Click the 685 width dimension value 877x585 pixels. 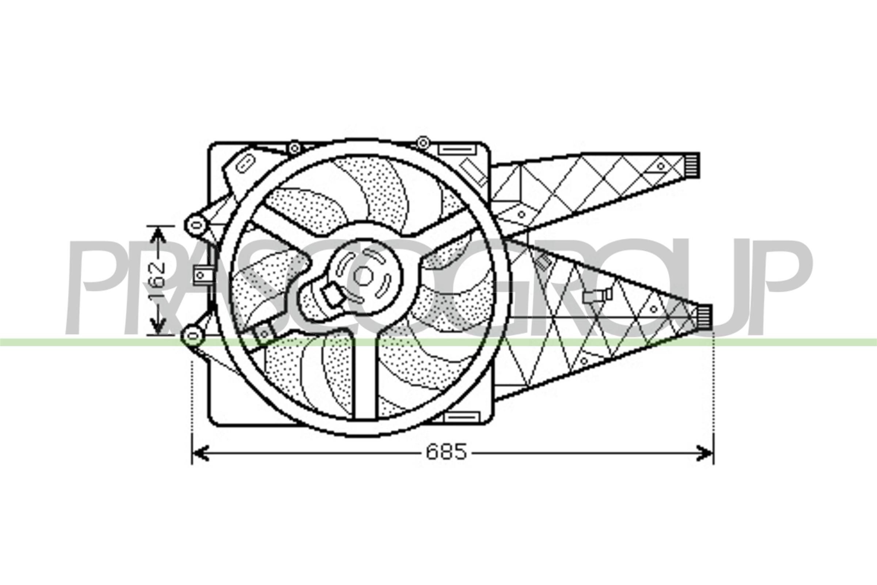click(x=446, y=452)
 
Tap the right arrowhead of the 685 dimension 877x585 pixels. click(x=705, y=452)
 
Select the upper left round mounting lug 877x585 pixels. click(x=195, y=224)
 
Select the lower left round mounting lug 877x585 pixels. click(x=193, y=335)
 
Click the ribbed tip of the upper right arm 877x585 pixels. click(x=693, y=165)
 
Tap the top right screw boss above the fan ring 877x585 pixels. click(x=422, y=142)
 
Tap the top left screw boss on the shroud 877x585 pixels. click(x=294, y=148)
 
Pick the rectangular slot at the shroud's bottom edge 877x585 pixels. click(x=462, y=417)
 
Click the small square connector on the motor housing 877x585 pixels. click(x=333, y=295)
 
